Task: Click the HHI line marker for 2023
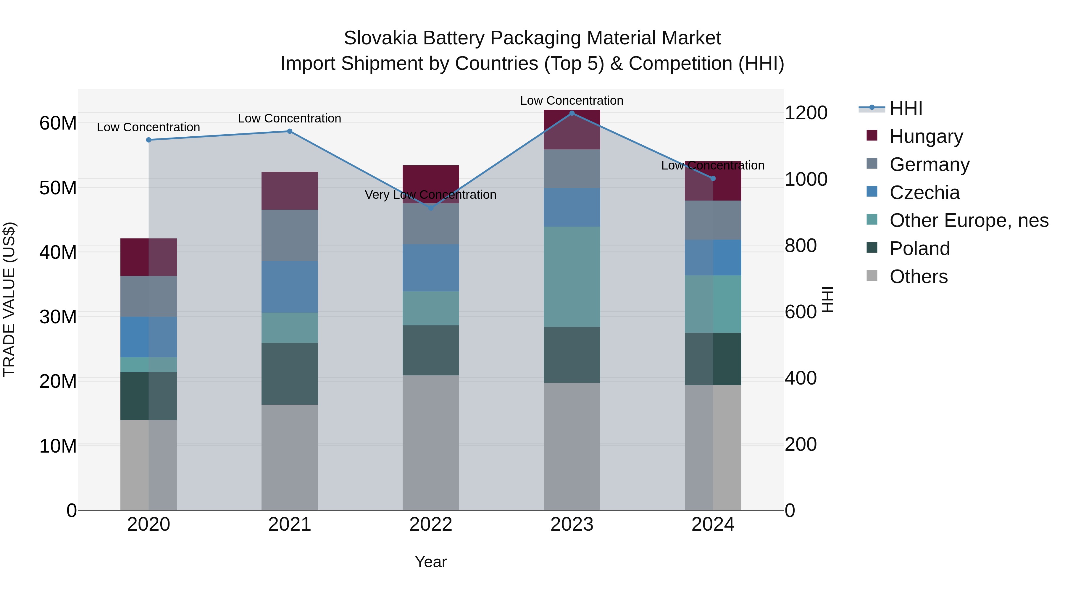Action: pyautogui.click(x=572, y=113)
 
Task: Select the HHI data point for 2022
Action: pyautogui.click(x=430, y=208)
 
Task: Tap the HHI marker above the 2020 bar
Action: pyautogui.click(x=149, y=140)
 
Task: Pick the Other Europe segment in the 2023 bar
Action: pyautogui.click(x=572, y=277)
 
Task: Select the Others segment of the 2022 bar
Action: pyautogui.click(x=430, y=442)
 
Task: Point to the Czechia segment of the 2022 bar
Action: pyautogui.click(x=430, y=268)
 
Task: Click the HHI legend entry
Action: pyautogui.click(x=906, y=108)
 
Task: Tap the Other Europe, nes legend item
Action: pyautogui.click(x=969, y=220)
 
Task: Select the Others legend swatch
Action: pyautogui.click(x=872, y=276)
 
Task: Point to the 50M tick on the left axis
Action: pyautogui.click(x=58, y=188)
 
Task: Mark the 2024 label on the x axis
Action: pyautogui.click(x=713, y=524)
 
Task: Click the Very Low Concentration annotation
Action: pyautogui.click(x=430, y=195)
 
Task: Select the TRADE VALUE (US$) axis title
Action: pyautogui.click(x=9, y=299)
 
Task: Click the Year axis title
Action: pyautogui.click(x=430, y=562)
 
